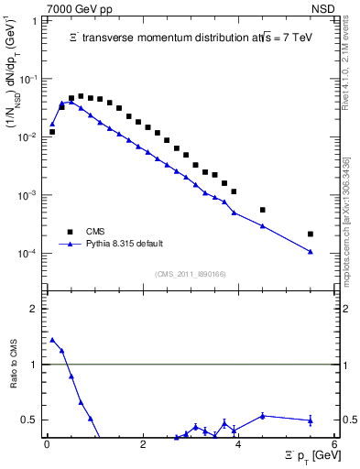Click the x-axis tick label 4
coord(238,444)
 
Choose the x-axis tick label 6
coord(334,444)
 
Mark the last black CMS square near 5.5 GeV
coord(311,234)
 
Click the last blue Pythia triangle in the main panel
coord(311,252)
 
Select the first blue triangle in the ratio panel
coord(52,340)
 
